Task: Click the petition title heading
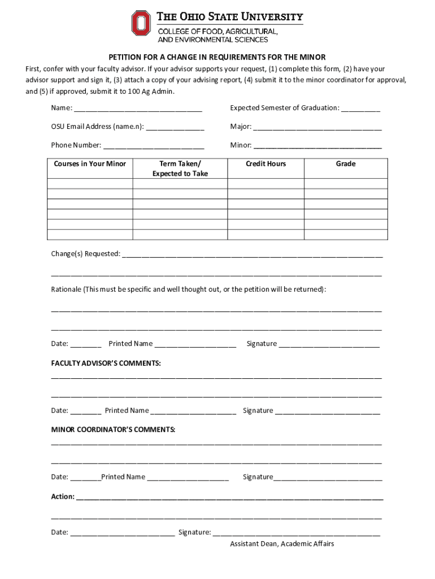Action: pyautogui.click(x=217, y=58)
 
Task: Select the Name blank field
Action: pyautogui.click(x=138, y=109)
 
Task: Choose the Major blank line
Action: pyautogui.click(x=317, y=127)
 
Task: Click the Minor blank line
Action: pyautogui.click(x=317, y=146)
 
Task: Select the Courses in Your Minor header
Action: pyautogui.click(x=90, y=164)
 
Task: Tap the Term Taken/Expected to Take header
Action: pyautogui.click(x=180, y=168)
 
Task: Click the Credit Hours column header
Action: pyautogui.click(x=266, y=164)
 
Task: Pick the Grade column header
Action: pyautogui.click(x=346, y=164)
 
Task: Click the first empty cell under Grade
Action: pyautogui.click(x=346, y=183)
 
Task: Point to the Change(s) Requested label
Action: pyautogui.click(x=86, y=254)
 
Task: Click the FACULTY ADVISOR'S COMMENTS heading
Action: pyautogui.click(x=106, y=363)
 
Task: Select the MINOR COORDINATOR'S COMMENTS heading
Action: pyautogui.click(x=114, y=430)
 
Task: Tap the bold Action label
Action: pyautogui.click(x=63, y=496)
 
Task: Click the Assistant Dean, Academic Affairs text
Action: pyautogui.click(x=282, y=544)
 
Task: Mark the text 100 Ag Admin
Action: pyautogui.click(x=151, y=92)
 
